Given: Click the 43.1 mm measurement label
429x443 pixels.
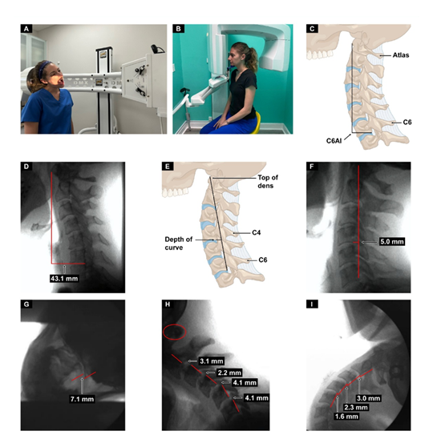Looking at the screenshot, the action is pyautogui.click(x=64, y=279).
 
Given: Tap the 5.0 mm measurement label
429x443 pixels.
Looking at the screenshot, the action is pyautogui.click(x=391, y=242).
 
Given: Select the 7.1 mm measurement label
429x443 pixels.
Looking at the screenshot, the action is pyautogui.click(x=82, y=399).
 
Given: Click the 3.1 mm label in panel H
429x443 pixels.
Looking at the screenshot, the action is pyautogui.click(x=212, y=361).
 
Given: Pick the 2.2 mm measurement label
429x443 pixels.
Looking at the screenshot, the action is pyautogui.click(x=229, y=373).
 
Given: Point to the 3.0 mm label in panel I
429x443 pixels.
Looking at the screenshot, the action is pyautogui.click(x=369, y=398).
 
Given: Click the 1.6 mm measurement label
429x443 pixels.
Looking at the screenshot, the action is pyautogui.click(x=346, y=417).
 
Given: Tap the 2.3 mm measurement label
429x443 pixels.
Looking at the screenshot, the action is pyautogui.click(x=356, y=408).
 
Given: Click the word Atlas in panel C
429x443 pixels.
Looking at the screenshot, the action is pyautogui.click(x=401, y=55).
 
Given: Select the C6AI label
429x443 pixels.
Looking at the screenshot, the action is pyautogui.click(x=334, y=141).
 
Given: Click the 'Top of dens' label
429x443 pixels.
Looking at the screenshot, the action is pyautogui.click(x=268, y=181).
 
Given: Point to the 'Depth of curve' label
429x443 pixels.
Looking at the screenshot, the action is pyautogui.click(x=179, y=244).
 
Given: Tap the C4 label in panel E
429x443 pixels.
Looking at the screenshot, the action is pyautogui.click(x=257, y=233).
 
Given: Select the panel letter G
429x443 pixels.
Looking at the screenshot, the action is pyautogui.click(x=26, y=304).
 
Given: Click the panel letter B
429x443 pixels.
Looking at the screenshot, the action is pyautogui.click(x=178, y=29).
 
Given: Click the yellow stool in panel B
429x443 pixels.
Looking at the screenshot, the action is pyautogui.click(x=256, y=122).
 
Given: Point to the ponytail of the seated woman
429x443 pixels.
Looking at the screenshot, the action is pyautogui.click(x=253, y=58).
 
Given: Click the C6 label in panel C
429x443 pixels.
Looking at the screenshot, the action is pyautogui.click(x=407, y=123).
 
